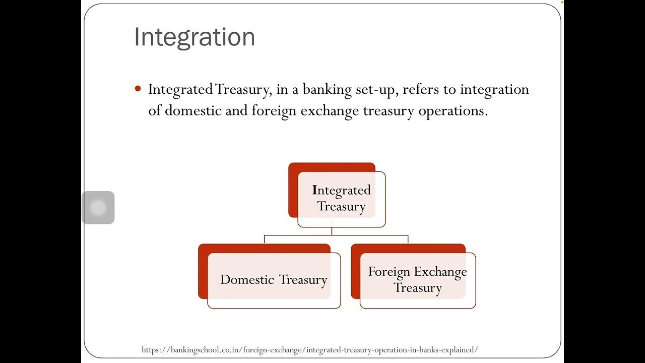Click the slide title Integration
[195, 37]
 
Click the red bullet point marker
[138, 89]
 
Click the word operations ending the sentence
[453, 111]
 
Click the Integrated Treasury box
[341, 198]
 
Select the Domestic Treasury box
[274, 280]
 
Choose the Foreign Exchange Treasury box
[417, 280]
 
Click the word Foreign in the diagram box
[389, 272]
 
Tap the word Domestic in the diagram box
[247, 280]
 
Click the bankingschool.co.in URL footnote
[309, 349]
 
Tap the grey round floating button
[98, 207]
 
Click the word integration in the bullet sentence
[494, 90]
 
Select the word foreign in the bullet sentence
[274, 111]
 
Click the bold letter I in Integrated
[314, 190]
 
